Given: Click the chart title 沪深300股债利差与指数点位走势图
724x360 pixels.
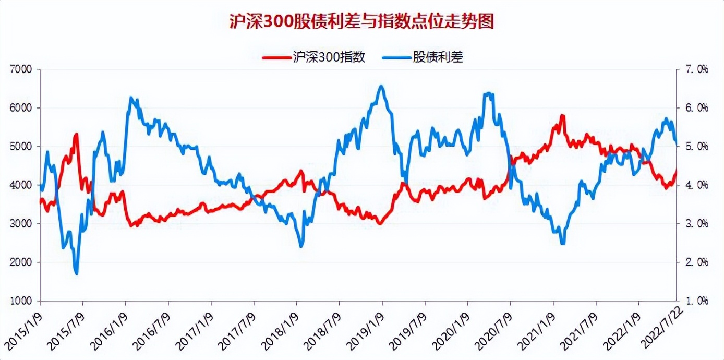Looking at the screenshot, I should (x=361, y=22).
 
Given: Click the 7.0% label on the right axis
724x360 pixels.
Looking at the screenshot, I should (x=696, y=69).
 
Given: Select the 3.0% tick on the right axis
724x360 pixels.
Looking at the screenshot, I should (x=696, y=224).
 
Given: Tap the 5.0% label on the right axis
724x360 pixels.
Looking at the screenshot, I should (x=696, y=147).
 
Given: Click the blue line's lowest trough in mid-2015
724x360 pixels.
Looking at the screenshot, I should (x=77, y=273).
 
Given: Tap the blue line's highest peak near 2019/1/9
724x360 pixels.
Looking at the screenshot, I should (x=382, y=86).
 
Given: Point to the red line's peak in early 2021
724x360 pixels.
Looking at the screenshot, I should (x=562, y=115).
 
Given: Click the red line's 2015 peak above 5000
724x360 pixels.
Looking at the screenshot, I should (x=77, y=134).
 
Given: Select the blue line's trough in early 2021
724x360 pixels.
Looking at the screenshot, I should (x=562, y=243).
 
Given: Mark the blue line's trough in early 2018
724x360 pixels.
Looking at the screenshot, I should (x=301, y=246).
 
